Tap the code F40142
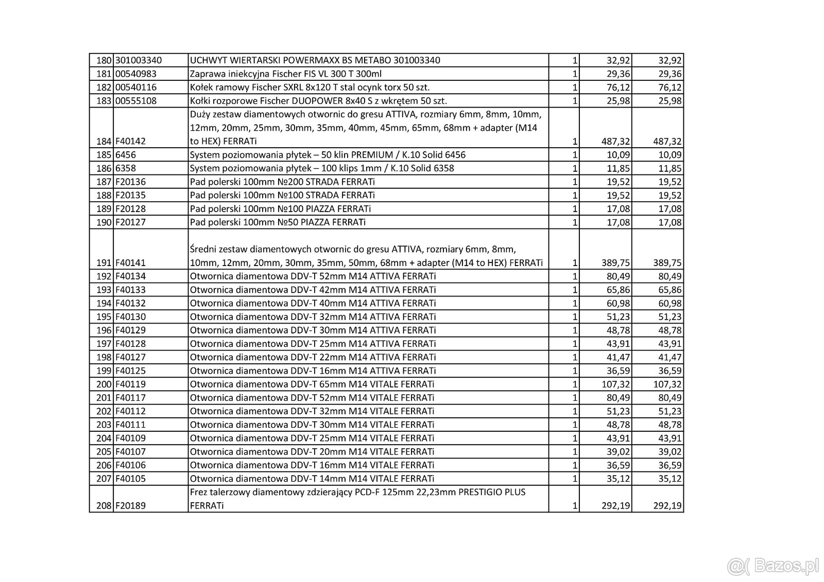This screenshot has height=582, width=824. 130,141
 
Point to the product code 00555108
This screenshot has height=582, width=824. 135,101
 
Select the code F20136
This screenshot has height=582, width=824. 130,182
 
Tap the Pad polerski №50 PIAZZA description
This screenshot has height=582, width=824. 278,222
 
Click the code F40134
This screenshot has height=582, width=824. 130,276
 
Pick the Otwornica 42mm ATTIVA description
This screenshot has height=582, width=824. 313,290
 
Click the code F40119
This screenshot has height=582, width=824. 130,384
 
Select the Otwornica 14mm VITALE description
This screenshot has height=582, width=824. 312,479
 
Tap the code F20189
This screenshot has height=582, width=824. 130,506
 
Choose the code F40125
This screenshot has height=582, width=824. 130,371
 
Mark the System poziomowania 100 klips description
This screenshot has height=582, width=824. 322,168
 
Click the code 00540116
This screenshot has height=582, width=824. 135,87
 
